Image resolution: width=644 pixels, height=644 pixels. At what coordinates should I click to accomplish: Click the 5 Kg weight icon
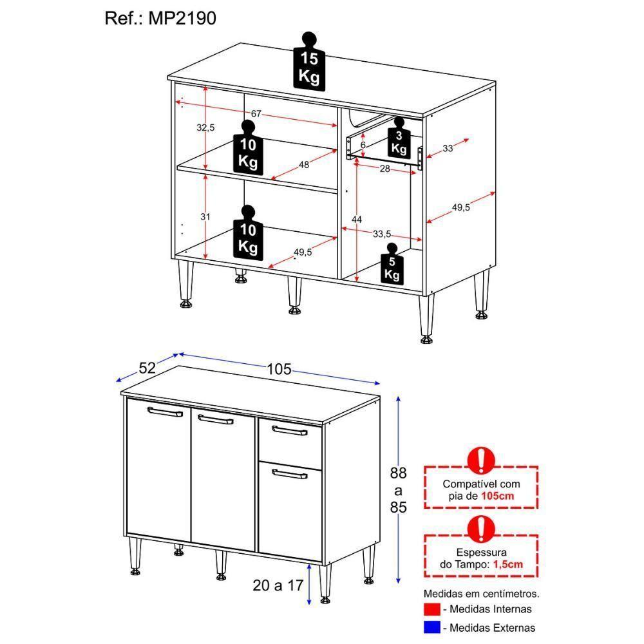(x=392, y=265)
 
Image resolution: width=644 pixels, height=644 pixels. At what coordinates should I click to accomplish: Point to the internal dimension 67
(x=256, y=114)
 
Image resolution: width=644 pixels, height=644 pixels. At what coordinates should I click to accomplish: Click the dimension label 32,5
(x=205, y=128)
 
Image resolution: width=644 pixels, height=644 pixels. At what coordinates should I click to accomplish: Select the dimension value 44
(x=356, y=220)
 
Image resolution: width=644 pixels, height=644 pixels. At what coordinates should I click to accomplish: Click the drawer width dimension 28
(x=384, y=169)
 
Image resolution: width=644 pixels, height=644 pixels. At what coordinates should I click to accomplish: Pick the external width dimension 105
(x=279, y=369)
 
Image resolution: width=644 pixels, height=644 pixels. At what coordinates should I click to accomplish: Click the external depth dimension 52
(x=147, y=368)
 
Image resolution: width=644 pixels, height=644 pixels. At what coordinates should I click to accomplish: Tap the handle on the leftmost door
(x=165, y=412)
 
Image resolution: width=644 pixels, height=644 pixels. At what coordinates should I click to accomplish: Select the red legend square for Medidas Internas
(x=432, y=609)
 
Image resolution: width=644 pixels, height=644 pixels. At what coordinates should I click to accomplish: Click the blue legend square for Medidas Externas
(x=432, y=627)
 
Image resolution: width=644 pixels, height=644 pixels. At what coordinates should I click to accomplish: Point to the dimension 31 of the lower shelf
(x=205, y=217)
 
